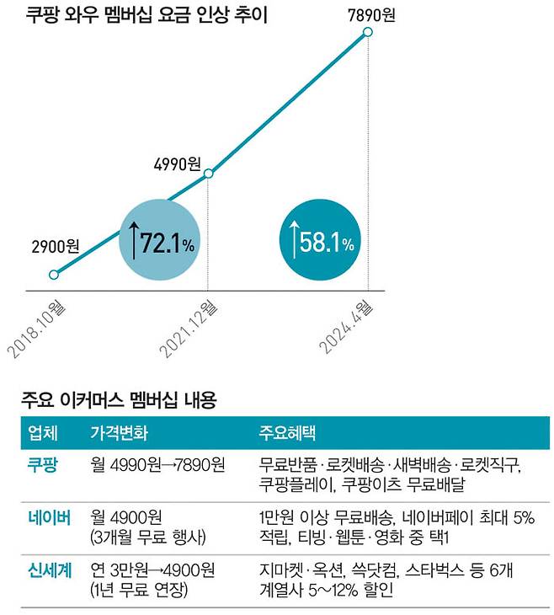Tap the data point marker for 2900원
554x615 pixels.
(x=55, y=275)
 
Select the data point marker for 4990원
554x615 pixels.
(x=209, y=174)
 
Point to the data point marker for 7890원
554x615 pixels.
(x=368, y=33)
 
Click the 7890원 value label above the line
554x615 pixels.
(x=368, y=13)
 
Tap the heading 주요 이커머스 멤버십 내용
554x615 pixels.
(x=118, y=402)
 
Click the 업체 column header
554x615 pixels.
(x=43, y=435)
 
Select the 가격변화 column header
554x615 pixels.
(x=119, y=435)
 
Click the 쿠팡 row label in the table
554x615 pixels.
(x=43, y=465)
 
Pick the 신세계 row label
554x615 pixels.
(x=49, y=570)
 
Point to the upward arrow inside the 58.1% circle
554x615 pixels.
(x=292, y=242)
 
